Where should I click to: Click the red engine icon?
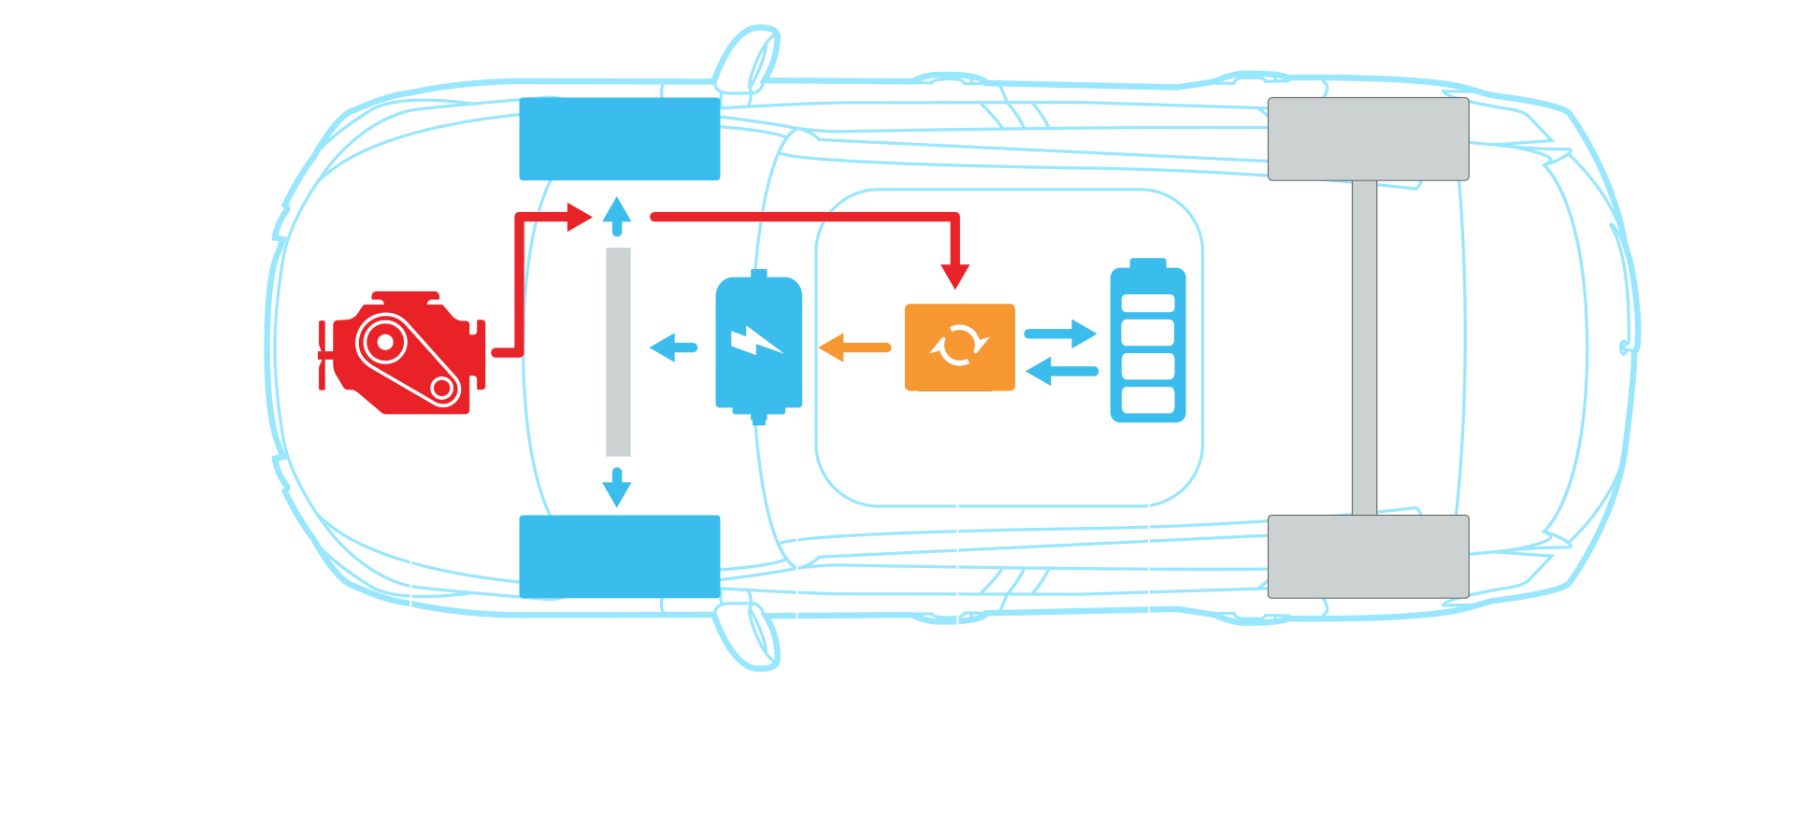click(402, 352)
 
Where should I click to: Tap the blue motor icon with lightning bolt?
click(758, 345)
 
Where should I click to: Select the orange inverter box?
click(959, 347)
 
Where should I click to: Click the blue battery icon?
click(1147, 342)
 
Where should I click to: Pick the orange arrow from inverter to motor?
click(854, 347)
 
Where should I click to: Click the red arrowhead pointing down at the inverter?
click(955, 276)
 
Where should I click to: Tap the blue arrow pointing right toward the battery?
click(1061, 333)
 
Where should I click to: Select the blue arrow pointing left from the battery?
click(1061, 372)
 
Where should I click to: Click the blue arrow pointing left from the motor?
click(673, 347)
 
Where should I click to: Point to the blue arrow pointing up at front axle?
click(617, 216)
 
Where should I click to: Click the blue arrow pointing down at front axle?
click(617, 488)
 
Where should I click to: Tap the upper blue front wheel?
click(619, 139)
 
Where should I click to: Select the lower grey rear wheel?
click(1368, 556)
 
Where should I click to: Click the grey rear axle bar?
click(1364, 347)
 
